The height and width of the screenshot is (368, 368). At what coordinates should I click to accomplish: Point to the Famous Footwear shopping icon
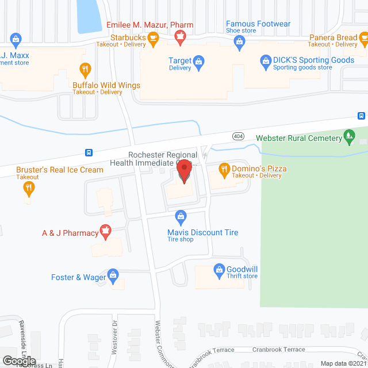click(240, 40)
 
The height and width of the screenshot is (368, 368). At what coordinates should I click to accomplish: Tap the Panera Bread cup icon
click(364, 39)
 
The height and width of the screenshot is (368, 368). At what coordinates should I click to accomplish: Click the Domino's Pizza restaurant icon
click(225, 169)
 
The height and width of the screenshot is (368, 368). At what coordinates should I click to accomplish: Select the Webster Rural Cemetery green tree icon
click(348, 136)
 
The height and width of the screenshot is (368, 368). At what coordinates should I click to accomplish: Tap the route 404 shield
click(239, 136)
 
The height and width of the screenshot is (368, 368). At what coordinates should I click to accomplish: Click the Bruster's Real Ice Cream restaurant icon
click(29, 189)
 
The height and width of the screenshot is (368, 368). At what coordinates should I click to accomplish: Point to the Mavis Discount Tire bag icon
click(181, 217)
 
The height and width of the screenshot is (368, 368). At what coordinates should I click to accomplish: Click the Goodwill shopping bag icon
click(219, 269)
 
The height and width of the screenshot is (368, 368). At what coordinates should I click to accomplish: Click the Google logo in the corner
click(19, 360)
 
